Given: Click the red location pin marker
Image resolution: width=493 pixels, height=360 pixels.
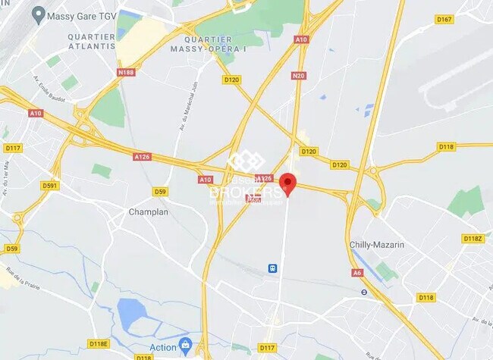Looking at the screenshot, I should pos(287,183).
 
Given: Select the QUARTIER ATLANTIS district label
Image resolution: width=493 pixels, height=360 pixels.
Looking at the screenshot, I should pos(91,41).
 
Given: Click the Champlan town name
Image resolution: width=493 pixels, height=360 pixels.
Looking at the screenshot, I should pos(148,211).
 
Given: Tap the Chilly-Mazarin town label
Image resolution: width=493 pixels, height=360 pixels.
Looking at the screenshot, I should pos(377,245).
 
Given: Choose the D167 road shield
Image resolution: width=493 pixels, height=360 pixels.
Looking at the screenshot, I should pos(444,20).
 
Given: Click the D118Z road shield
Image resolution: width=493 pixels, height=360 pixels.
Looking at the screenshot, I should pos(473,239).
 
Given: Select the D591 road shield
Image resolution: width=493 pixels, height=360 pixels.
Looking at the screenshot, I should pos(51,186).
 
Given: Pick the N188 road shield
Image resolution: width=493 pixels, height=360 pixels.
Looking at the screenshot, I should pos(126,73).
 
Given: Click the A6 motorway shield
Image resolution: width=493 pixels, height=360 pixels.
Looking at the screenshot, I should pos(356,273).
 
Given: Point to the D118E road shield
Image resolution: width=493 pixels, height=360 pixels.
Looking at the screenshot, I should pos(99,343).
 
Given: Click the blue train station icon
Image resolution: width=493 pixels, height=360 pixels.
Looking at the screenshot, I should pos(272,268).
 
